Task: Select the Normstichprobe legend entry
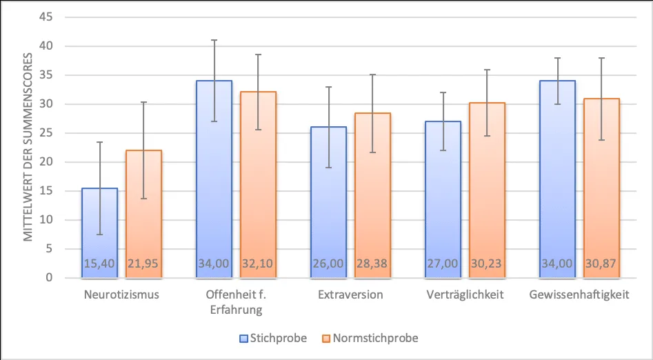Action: click(369, 338)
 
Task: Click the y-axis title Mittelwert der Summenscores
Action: click(29, 148)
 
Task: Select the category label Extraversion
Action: click(350, 295)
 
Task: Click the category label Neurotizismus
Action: click(121, 295)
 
